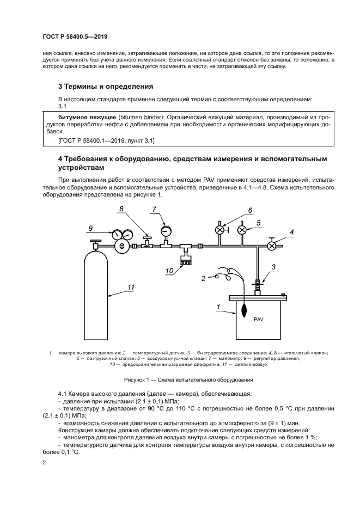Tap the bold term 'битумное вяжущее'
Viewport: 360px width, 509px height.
(x=83, y=116)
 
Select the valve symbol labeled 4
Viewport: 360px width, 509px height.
(x=271, y=246)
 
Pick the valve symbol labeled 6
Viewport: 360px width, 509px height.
(x=220, y=230)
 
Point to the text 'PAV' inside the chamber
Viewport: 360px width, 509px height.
(x=258, y=320)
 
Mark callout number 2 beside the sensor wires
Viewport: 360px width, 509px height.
(x=203, y=279)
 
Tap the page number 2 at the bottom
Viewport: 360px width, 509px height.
(x=44, y=462)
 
